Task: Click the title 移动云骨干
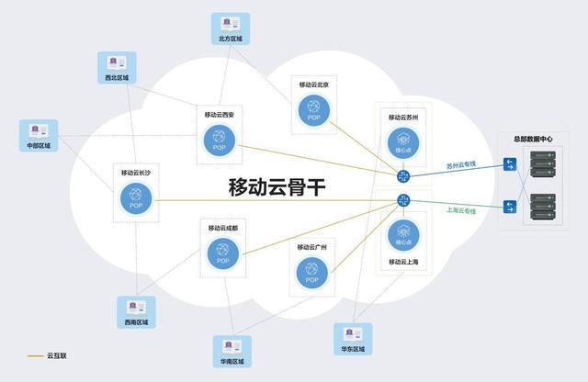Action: (277, 187)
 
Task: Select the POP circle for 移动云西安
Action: (220, 140)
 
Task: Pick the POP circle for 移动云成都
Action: (222, 253)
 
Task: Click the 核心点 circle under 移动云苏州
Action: (403, 142)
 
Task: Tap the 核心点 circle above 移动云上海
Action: (403, 235)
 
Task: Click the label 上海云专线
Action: (461, 211)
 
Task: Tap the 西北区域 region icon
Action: (117, 62)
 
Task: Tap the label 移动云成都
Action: (222, 228)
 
